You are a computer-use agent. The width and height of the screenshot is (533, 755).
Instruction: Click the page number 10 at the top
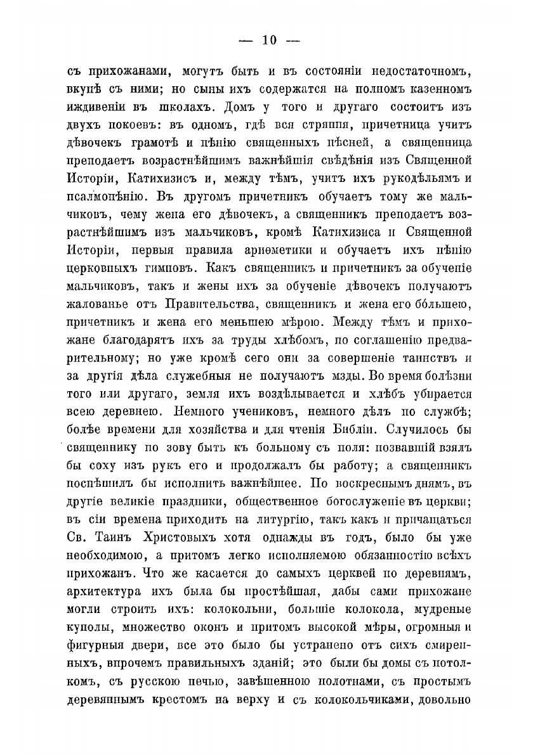[x=267, y=40]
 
